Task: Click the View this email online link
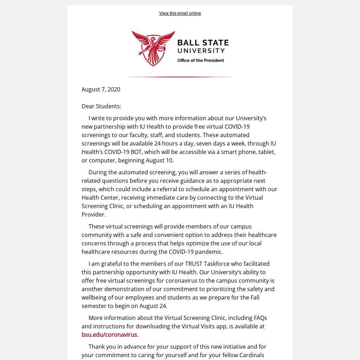coord(180,13)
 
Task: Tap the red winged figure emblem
coord(153,48)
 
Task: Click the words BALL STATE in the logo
coord(203,43)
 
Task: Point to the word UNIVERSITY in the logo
coord(201,51)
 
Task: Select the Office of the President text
coord(200,60)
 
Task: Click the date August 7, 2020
coord(101,89)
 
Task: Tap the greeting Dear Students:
coord(101,106)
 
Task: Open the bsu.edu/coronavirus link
coord(109,335)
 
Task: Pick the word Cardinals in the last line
coord(252,355)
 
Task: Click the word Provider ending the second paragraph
coord(93,214)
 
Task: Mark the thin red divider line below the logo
coord(179,77)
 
